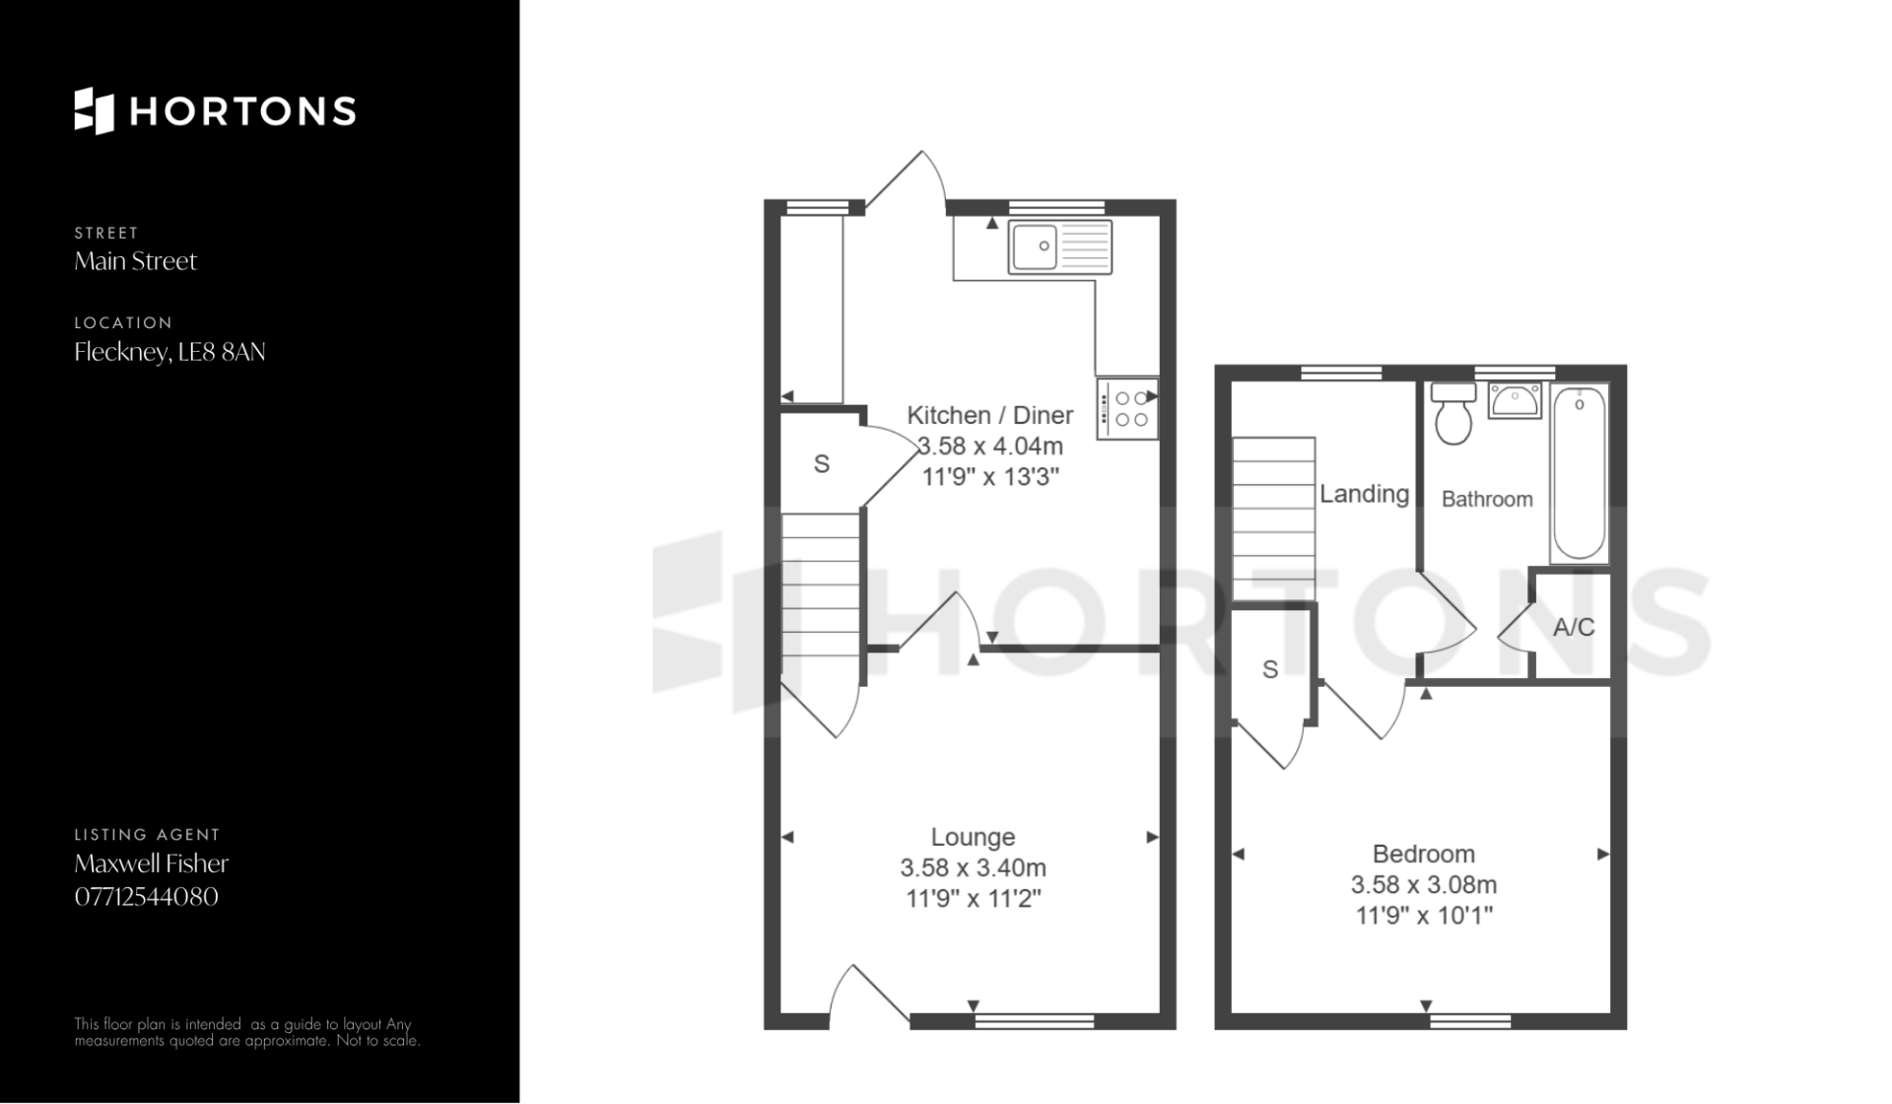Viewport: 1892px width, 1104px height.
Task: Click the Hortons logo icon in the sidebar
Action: click(x=95, y=110)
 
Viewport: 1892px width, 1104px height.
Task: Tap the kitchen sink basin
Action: click(x=1033, y=245)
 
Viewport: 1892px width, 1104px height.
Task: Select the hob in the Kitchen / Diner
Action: click(x=1126, y=409)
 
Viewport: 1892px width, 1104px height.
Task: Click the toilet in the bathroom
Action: click(x=1453, y=413)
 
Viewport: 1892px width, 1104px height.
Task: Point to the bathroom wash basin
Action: click(x=1515, y=401)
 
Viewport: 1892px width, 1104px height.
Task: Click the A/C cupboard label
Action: click(x=1574, y=627)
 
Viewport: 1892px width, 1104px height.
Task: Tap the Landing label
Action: click(x=1365, y=494)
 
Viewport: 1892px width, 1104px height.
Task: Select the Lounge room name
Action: click(x=973, y=837)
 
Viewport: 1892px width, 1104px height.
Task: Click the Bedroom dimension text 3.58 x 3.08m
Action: click(x=1424, y=884)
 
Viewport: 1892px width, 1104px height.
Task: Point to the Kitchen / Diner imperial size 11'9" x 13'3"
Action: click(x=990, y=477)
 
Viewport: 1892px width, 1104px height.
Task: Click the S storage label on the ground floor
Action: click(x=822, y=463)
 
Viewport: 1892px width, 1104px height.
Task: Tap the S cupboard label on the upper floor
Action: click(x=1270, y=670)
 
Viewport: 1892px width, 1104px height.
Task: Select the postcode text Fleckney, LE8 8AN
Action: click(x=169, y=352)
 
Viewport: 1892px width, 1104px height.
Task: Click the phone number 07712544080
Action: click(x=146, y=897)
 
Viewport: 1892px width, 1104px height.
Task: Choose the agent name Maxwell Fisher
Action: click(x=152, y=863)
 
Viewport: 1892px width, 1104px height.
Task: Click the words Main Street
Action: click(x=136, y=261)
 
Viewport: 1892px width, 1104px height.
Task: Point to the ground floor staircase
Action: click(x=821, y=597)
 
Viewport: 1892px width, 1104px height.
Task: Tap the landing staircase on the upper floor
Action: click(x=1273, y=518)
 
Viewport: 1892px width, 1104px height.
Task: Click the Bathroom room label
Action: click(x=1487, y=499)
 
